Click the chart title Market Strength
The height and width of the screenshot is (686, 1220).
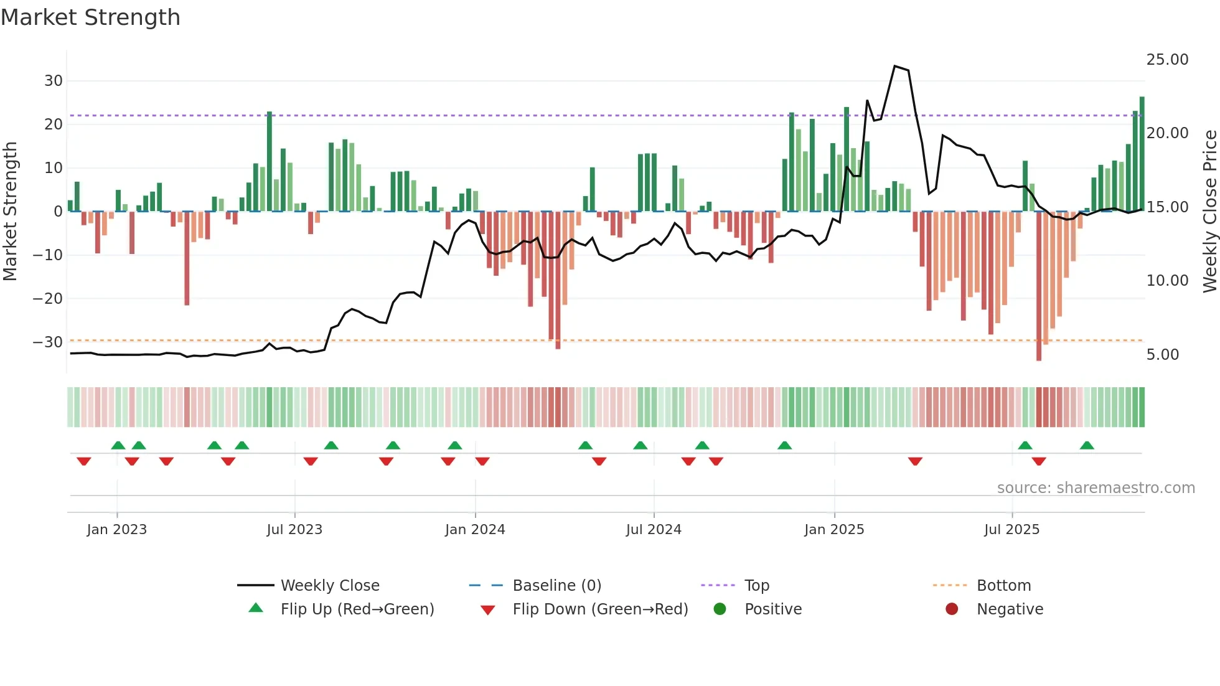click(90, 17)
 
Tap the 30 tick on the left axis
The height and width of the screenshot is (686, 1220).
click(53, 81)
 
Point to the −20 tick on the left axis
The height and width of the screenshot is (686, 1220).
click(48, 299)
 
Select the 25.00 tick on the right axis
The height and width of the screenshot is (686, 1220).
click(1167, 60)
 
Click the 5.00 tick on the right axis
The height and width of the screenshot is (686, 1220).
click(1162, 355)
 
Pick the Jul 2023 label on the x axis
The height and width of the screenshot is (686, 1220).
click(294, 530)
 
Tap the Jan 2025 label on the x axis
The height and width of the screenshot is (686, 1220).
click(834, 530)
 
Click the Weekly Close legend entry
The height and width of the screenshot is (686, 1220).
click(330, 586)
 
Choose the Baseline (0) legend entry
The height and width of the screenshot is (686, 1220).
click(556, 586)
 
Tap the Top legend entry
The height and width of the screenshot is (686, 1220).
click(757, 586)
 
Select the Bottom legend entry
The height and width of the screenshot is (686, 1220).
click(1003, 586)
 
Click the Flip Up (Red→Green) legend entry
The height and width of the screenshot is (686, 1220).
click(357, 609)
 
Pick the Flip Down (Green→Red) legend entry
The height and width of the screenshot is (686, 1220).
click(600, 609)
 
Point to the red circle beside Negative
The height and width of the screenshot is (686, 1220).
click(952, 609)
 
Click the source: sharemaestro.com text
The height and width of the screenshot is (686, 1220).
click(1096, 488)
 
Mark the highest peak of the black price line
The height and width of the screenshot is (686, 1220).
click(894, 66)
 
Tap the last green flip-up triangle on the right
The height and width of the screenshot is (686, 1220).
click(1087, 446)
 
